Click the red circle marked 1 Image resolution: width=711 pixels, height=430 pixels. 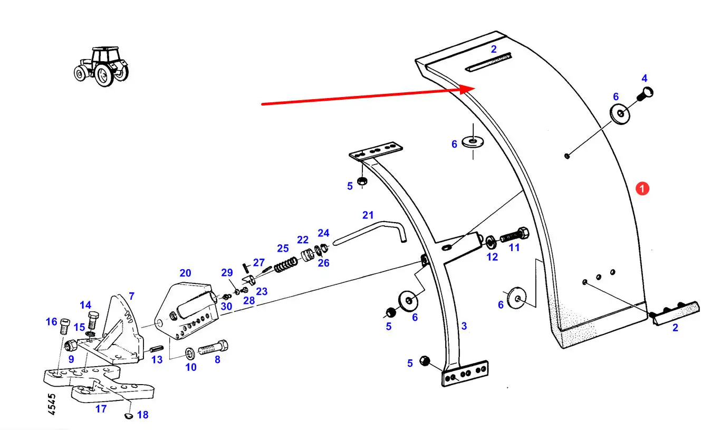[x=641, y=188]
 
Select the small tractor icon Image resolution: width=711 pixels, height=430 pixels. [x=101, y=66]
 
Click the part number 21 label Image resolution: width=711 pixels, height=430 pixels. [x=368, y=215]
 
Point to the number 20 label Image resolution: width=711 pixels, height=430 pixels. [x=185, y=273]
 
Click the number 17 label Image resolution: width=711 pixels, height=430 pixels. [x=101, y=408]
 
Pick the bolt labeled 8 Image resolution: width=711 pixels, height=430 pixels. [x=214, y=348]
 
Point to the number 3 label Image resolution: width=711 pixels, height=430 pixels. [x=464, y=326]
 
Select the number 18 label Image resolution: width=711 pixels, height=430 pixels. [x=143, y=415]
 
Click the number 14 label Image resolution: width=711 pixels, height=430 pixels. [x=85, y=304]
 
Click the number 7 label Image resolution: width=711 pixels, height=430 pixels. [x=131, y=296]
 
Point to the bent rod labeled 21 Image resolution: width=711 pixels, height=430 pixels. [x=369, y=232]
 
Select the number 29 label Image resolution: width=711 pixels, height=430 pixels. [x=227, y=272]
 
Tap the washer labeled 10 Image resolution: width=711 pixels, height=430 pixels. [x=189, y=352]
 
